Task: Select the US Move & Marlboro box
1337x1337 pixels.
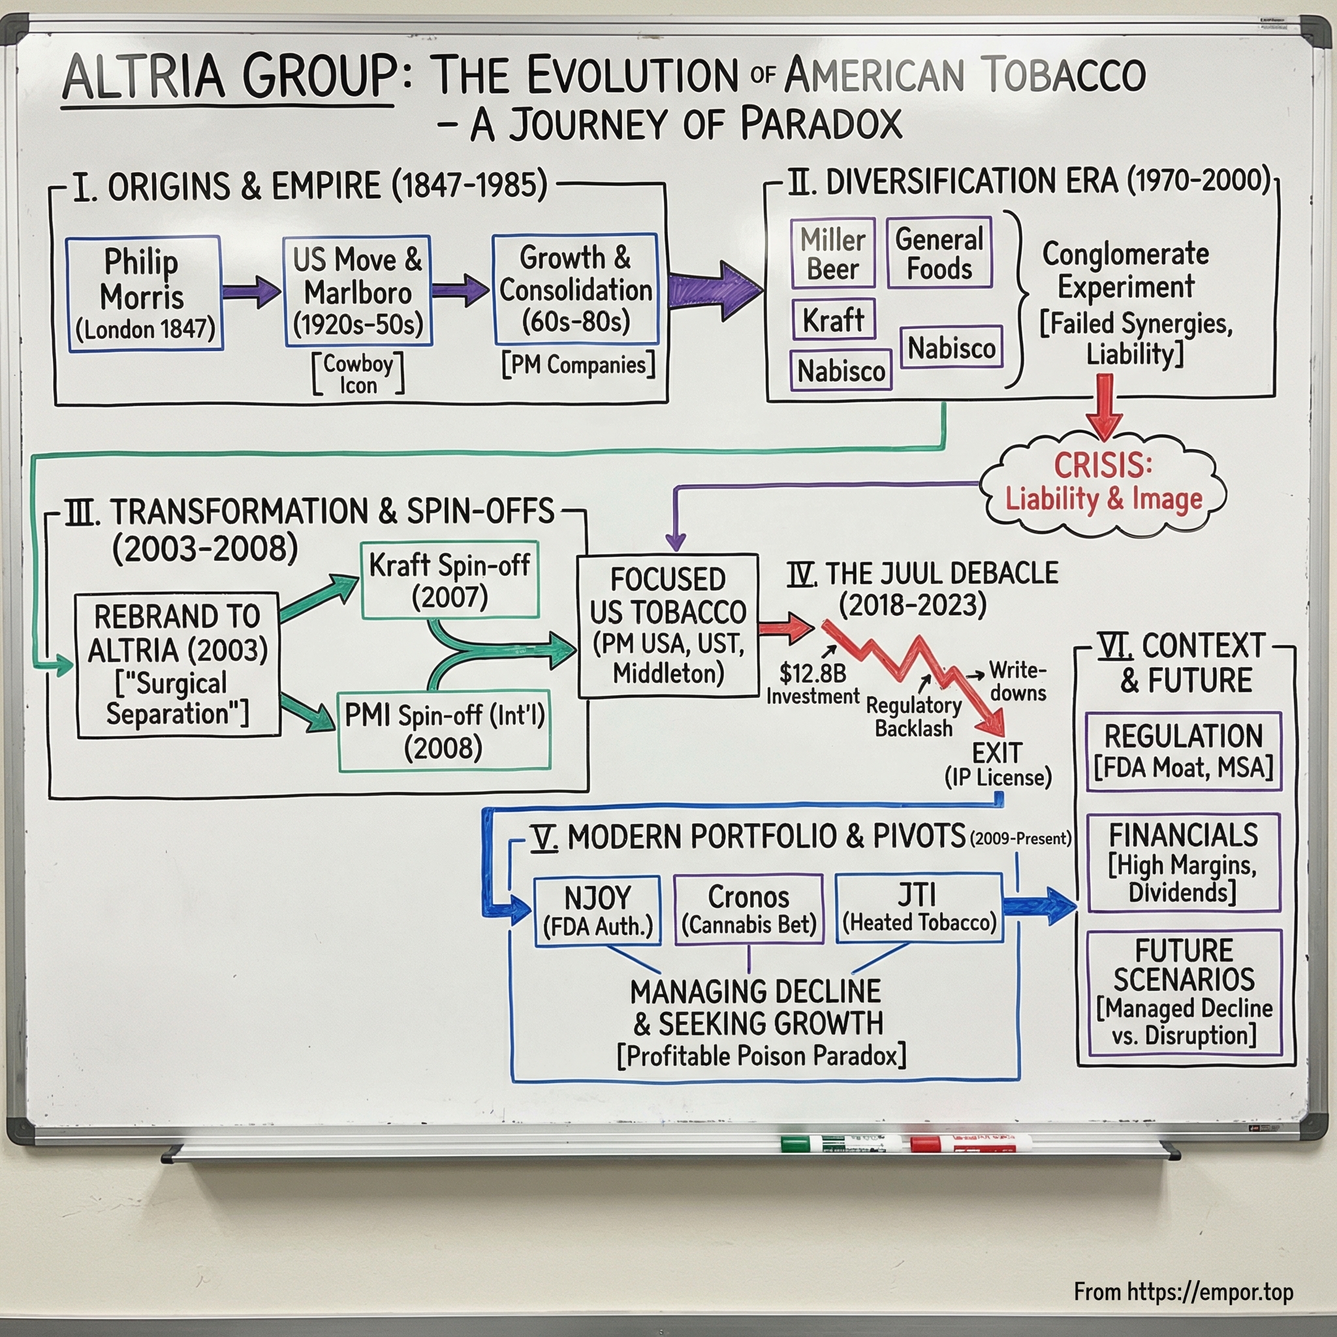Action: tap(358, 291)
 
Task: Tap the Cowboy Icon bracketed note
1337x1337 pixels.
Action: tap(358, 373)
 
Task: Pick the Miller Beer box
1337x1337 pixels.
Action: tap(833, 254)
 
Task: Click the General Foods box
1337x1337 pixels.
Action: tap(939, 253)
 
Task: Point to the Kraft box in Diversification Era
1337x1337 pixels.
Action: tap(833, 320)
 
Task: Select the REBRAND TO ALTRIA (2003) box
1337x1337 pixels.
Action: tap(178, 665)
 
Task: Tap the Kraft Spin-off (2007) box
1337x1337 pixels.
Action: tap(450, 580)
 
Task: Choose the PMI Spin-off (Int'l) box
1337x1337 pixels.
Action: tap(443, 731)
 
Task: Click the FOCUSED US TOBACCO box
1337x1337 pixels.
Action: tap(668, 625)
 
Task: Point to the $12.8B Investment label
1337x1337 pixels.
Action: tap(812, 684)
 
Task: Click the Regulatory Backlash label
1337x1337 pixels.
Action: tap(913, 717)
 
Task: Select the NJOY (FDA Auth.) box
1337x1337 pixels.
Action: tap(597, 910)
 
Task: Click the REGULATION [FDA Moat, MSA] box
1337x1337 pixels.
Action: tap(1184, 751)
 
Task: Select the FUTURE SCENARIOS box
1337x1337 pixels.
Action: tap(1184, 992)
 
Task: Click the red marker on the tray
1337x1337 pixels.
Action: tap(969, 1143)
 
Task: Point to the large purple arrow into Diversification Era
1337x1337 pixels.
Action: tap(713, 290)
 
